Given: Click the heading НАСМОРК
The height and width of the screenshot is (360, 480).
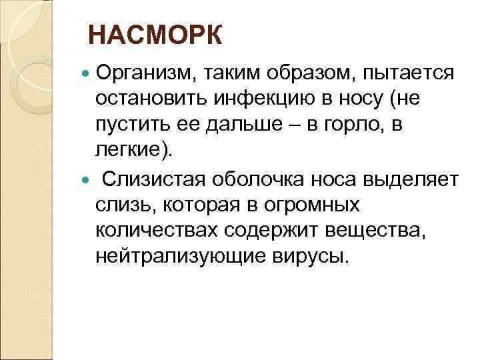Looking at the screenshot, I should tap(155, 36).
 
